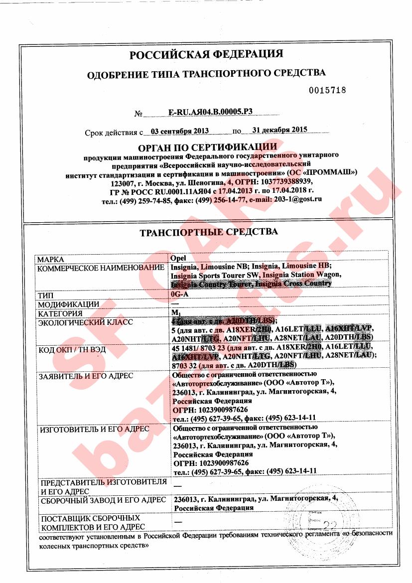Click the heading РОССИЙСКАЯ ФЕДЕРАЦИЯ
[206, 54]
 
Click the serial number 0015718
[327, 90]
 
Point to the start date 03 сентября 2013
[179, 131]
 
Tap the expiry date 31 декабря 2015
[279, 130]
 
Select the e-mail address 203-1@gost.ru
[296, 199]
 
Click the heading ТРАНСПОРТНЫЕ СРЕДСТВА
[208, 232]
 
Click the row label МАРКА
[51, 259]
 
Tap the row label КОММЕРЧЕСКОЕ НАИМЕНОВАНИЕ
[101, 268]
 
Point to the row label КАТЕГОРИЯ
[61, 313]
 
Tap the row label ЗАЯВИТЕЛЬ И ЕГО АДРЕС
[86, 376]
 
